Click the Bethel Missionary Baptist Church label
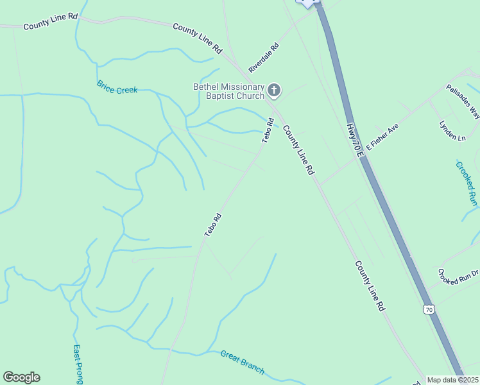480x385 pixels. (x=229, y=92)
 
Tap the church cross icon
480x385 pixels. (x=275, y=91)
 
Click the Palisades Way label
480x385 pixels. (x=463, y=101)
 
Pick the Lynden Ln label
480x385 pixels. (x=452, y=131)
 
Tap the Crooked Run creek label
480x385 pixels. (x=467, y=183)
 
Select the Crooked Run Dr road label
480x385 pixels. (x=459, y=277)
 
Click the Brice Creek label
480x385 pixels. (x=117, y=87)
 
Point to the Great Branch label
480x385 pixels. (x=243, y=362)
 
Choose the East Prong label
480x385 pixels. (x=78, y=364)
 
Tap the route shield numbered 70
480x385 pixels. (x=429, y=310)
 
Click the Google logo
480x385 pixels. (x=21, y=377)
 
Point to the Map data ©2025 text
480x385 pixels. (x=452, y=380)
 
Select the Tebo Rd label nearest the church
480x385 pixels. (x=268, y=130)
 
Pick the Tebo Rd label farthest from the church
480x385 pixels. (x=213, y=225)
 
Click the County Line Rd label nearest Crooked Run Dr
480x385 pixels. (x=370, y=286)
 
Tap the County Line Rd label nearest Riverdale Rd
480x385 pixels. (x=197, y=38)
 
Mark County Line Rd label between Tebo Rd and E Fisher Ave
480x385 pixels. (x=298, y=150)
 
